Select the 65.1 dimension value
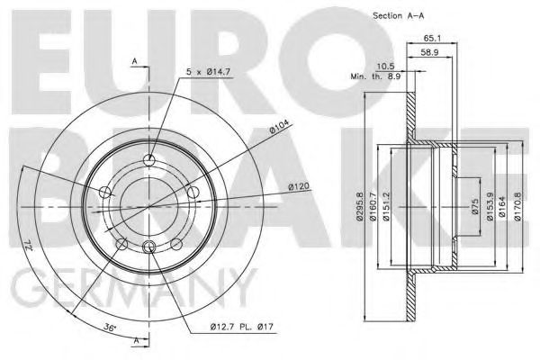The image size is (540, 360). (x=431, y=39)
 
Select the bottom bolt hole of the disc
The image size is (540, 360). (x=150, y=249)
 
